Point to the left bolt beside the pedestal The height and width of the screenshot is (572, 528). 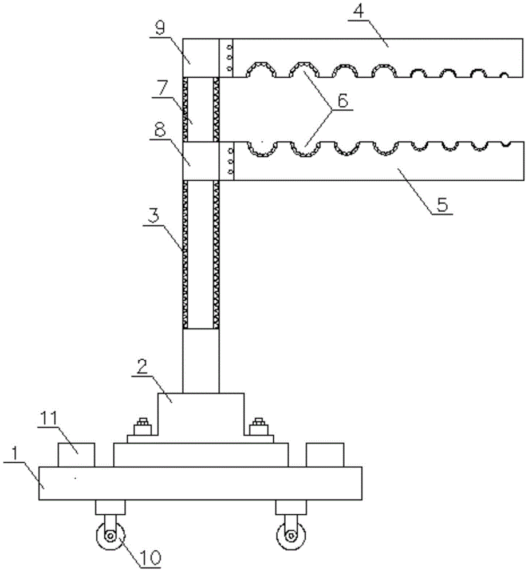pos(141,428)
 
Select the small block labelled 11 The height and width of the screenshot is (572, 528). pos(76,455)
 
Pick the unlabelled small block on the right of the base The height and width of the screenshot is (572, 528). pos(325,455)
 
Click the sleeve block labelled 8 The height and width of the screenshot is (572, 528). pos(200,161)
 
